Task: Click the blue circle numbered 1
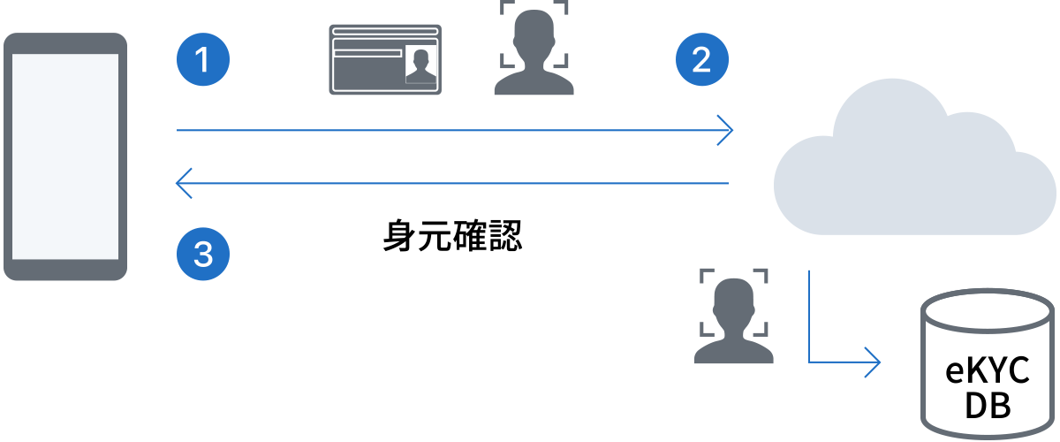click(203, 59)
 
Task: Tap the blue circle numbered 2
click(701, 59)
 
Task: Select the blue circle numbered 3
click(203, 254)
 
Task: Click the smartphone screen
click(65, 156)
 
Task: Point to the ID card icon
click(385, 60)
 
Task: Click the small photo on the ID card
click(420, 65)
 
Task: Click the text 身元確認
click(452, 235)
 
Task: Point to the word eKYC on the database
click(988, 370)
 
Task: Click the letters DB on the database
click(988, 405)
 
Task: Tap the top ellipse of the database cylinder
click(988, 311)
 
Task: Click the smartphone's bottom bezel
click(65, 270)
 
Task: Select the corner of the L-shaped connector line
click(809, 362)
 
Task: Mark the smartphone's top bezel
click(65, 43)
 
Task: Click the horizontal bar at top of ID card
click(385, 32)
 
